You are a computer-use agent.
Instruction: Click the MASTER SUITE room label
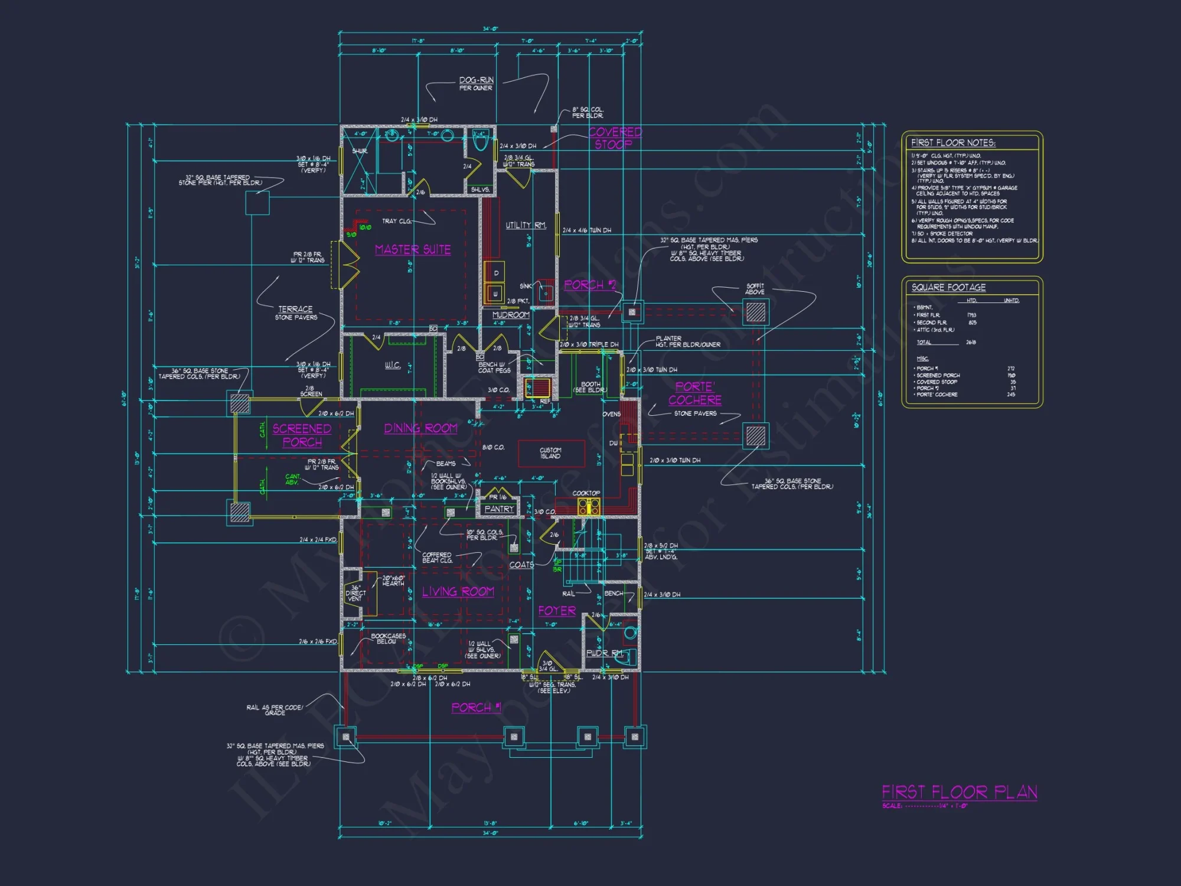pos(413,250)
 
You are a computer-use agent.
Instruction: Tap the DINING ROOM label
pos(420,428)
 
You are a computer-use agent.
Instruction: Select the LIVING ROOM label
pos(458,591)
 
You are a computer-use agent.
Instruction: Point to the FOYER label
pos(556,611)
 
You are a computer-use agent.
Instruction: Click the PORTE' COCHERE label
pos(694,393)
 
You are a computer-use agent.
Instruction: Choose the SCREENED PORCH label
pos(302,435)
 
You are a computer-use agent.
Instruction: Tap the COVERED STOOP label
pos(614,138)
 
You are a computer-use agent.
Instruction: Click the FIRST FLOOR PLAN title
pos(959,792)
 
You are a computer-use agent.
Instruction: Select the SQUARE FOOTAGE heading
pos(948,288)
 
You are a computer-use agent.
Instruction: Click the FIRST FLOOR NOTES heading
pos(953,143)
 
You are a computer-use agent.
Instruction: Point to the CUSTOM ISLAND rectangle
pos(551,454)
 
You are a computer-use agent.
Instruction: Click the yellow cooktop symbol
pos(589,506)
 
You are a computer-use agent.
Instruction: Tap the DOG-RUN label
pos(476,80)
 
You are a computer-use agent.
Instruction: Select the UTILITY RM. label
pos(526,225)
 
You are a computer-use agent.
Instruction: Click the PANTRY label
pos(499,509)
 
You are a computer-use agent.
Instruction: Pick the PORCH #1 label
pos(476,708)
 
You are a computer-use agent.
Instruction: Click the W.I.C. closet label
pos(393,366)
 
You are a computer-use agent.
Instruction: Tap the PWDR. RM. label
pos(604,653)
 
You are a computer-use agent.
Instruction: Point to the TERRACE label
pos(295,309)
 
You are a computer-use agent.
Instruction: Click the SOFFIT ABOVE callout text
pos(755,289)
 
